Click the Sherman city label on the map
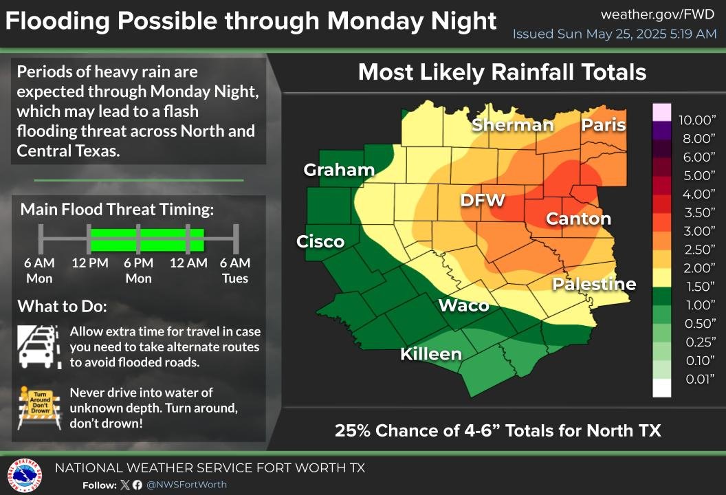(x=513, y=124)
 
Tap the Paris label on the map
(x=604, y=124)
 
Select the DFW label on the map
(x=483, y=200)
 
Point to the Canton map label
(x=578, y=219)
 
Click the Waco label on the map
(x=463, y=305)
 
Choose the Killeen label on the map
(x=431, y=354)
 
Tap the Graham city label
(x=339, y=170)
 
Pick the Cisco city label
(x=320, y=241)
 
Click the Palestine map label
(x=594, y=284)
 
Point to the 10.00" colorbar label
(x=697, y=120)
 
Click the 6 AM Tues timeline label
(x=235, y=270)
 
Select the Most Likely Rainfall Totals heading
(x=502, y=72)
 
